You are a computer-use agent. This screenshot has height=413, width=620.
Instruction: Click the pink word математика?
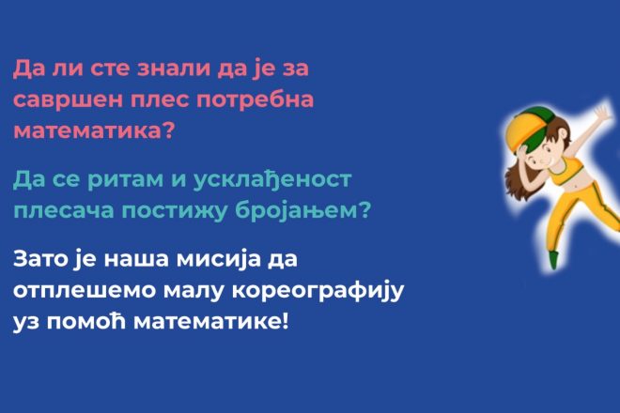[x=94, y=130]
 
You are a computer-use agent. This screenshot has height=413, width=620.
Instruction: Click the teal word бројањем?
[x=302, y=210]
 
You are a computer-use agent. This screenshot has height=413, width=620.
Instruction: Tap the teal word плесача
[x=64, y=211]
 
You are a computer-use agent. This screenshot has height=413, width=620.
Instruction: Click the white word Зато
[x=41, y=260]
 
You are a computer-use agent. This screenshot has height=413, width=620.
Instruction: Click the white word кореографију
[x=318, y=292]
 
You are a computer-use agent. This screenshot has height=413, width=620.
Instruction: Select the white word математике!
[x=211, y=323]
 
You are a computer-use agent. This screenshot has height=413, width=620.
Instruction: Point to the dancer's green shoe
[x=553, y=260]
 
